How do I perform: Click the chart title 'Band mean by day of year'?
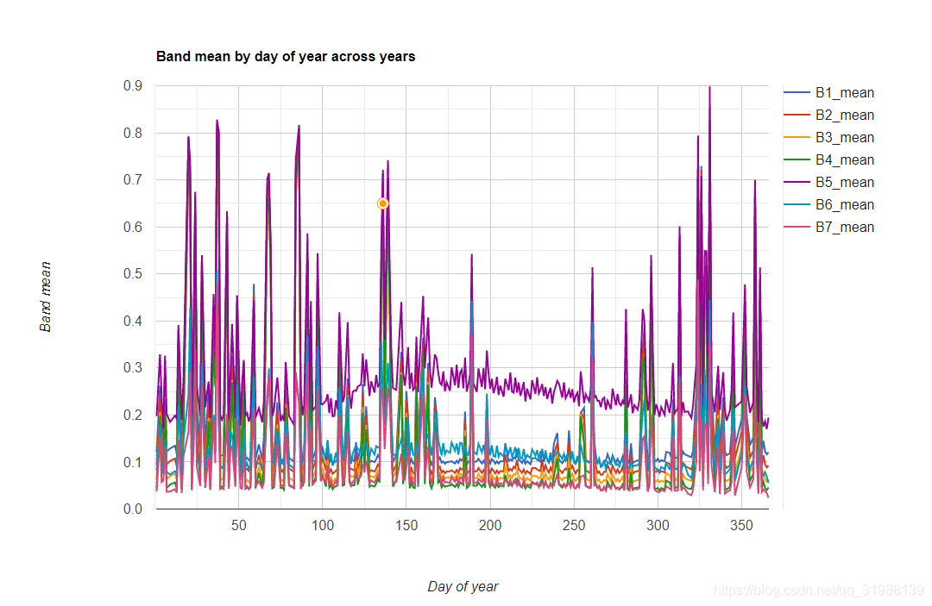[285, 57]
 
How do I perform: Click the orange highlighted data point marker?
[382, 203]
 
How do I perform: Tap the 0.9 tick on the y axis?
[132, 86]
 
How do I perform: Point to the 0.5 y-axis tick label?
[132, 274]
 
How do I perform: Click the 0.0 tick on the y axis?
[132, 509]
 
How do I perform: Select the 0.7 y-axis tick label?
[132, 180]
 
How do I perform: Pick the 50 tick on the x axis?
[238, 526]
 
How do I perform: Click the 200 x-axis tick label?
[490, 526]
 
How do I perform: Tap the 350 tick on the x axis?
[741, 526]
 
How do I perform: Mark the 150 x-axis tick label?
[406, 526]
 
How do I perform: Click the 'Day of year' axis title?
[463, 587]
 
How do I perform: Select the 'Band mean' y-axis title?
[46, 297]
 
